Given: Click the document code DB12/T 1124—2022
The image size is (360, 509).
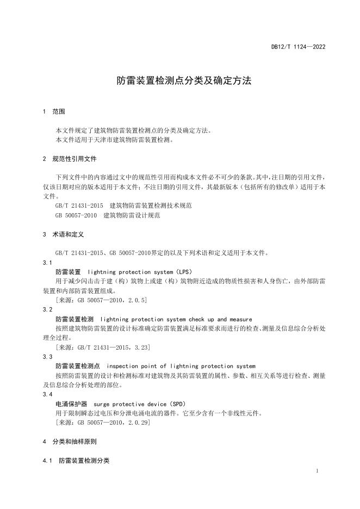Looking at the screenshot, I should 298,47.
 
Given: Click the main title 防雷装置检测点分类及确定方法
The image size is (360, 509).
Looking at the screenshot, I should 184,81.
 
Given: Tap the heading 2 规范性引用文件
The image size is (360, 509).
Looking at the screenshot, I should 70,159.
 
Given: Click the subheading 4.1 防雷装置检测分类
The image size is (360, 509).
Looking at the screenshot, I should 76,461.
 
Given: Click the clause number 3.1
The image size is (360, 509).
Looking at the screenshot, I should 47,262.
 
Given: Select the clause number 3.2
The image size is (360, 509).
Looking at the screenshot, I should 47,309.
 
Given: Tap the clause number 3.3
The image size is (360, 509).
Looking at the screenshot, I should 47,357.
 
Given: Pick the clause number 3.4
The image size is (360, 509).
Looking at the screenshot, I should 47,394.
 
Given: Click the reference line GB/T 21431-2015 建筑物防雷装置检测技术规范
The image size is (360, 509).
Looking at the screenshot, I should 123,206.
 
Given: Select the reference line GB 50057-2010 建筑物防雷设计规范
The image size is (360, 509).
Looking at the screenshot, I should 108,215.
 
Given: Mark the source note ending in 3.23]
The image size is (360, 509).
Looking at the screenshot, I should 103,347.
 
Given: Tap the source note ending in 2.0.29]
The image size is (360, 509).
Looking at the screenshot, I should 103,423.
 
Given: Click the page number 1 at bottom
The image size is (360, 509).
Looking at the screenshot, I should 317,471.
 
